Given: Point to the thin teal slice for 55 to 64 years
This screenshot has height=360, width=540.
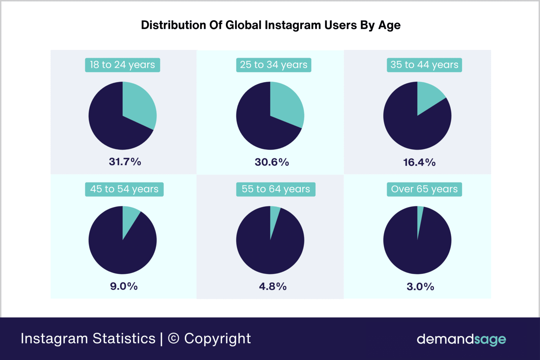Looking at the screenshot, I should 274,216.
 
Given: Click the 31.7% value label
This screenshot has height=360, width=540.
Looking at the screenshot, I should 125,162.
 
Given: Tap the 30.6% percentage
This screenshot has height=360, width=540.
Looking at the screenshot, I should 272,162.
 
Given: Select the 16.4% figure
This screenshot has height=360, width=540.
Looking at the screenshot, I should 419,162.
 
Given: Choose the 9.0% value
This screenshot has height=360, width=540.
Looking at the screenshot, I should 124,286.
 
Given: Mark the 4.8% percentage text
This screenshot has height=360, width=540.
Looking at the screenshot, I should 272,287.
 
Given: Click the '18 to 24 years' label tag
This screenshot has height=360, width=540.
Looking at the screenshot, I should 122,65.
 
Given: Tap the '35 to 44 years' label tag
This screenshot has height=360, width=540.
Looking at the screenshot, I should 424,65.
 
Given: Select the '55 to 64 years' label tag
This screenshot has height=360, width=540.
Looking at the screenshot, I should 276,189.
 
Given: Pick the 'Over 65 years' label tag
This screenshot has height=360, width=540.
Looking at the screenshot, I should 424,189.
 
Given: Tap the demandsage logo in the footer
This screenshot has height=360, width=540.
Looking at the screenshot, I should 461,339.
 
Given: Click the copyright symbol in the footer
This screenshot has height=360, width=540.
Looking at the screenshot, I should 174,339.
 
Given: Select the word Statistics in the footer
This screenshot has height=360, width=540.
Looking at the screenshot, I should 124,339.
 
